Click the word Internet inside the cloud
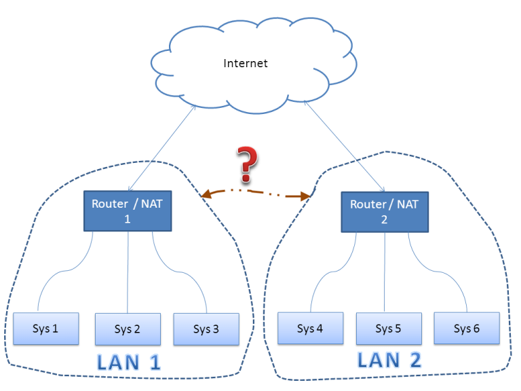click(246, 64)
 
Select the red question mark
click(248, 162)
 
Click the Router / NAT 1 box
click(128, 210)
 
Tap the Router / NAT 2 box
click(385, 211)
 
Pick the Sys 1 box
click(45, 329)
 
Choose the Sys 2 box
click(128, 329)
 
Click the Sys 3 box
click(206, 329)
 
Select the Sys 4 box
click(310, 329)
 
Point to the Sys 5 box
click(389, 329)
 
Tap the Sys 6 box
click(467, 329)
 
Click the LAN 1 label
click(129, 362)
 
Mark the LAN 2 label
click(389, 360)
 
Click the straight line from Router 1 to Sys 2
click(128, 272)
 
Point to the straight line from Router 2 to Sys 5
click(385, 272)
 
